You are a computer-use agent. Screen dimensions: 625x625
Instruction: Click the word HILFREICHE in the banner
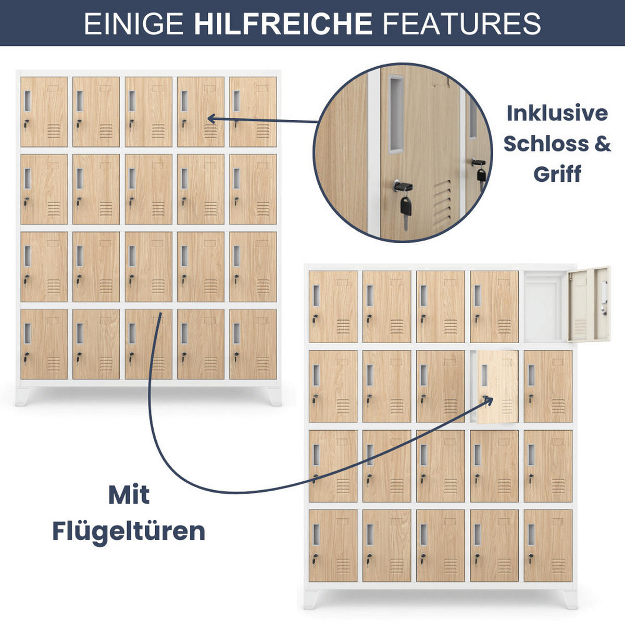283,23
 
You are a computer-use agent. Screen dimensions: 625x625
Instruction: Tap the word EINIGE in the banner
134,23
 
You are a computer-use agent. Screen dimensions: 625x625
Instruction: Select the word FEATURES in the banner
461,23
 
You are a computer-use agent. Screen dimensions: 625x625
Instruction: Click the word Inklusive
557,113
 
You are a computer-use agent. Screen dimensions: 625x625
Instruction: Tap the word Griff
557,174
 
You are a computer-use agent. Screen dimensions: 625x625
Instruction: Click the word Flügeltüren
129,532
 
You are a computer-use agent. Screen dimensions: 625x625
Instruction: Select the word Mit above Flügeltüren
129,495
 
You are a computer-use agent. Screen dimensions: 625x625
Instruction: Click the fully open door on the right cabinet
589,305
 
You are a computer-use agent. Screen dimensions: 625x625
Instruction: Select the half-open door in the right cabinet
497,385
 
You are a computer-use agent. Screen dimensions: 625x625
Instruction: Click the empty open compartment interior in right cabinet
544,307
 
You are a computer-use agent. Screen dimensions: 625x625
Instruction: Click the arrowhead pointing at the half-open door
488,399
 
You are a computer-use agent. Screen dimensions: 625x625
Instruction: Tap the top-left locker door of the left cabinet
44,112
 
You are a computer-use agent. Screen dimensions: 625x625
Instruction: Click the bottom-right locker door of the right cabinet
548,545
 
